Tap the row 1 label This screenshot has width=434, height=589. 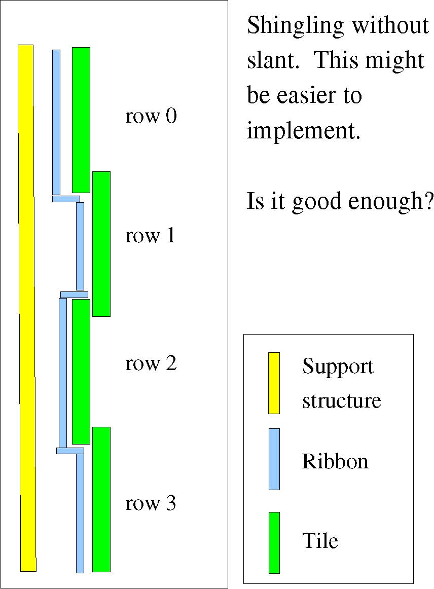(150, 236)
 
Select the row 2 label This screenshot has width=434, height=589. (151, 363)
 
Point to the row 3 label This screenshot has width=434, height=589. (150, 503)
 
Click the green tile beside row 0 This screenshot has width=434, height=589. (81, 120)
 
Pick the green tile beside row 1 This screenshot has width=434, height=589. (101, 244)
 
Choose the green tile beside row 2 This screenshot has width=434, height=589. (81, 372)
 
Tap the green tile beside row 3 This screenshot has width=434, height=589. (101, 499)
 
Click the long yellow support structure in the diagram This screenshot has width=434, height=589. (27, 308)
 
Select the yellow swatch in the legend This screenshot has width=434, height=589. (274, 383)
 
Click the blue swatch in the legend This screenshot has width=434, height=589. (274, 459)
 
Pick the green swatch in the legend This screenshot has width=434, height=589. (274, 543)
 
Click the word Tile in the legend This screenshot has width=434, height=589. (320, 540)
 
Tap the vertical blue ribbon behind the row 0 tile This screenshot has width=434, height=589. (56, 122)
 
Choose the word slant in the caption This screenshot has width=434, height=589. (273, 60)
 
